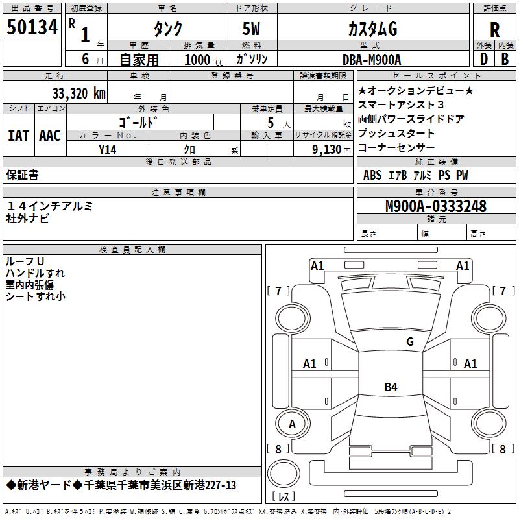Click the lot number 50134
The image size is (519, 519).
32,27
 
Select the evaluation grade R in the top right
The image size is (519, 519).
494,30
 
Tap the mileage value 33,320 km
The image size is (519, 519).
79,93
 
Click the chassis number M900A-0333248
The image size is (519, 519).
436,206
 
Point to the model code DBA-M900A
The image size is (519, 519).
372,60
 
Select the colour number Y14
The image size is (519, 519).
108,150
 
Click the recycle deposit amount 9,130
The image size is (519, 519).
327,150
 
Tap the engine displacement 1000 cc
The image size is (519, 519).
204,60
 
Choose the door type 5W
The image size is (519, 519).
251,29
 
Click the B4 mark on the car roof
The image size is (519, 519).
391,387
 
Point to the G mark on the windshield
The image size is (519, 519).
410,341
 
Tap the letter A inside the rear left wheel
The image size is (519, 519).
292,424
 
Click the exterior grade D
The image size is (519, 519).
484,59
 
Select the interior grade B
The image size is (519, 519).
505,59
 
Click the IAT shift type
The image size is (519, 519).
19,136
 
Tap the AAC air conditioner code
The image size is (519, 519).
50,136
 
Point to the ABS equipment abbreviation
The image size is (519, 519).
372,175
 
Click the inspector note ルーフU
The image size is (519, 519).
25,261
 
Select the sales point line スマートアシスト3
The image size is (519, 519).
401,104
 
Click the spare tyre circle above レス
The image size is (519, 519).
284,473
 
